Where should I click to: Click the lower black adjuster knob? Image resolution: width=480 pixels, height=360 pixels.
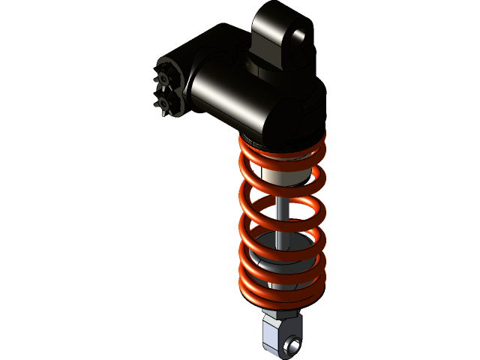166,103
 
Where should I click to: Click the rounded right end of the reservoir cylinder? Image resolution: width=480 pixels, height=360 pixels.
300,112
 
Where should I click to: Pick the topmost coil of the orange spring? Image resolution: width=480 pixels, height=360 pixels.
281,147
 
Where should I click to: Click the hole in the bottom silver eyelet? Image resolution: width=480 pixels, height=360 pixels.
291,346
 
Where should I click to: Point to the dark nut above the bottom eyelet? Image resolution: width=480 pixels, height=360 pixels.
281,311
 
